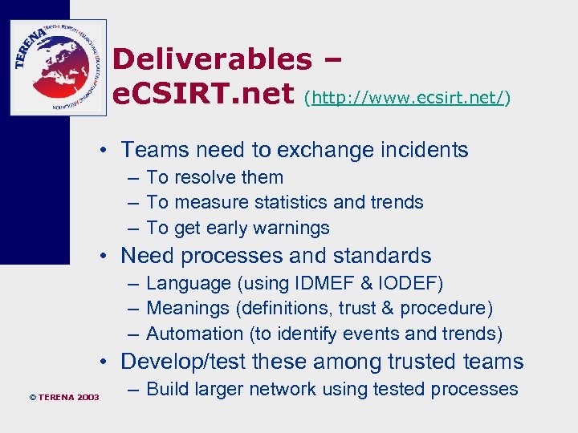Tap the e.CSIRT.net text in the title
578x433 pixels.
[x=203, y=95]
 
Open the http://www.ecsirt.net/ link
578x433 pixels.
[x=408, y=98]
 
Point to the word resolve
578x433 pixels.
[x=201, y=177]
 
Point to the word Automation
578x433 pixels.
[x=194, y=334]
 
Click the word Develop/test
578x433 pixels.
[x=184, y=362]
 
